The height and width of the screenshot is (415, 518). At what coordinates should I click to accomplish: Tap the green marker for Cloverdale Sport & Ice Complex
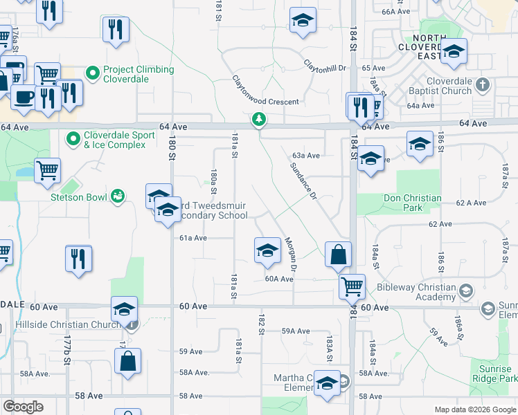point(74,140)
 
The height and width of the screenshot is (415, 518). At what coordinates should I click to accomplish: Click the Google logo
point(23,407)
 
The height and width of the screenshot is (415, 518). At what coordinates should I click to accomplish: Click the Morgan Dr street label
point(291,255)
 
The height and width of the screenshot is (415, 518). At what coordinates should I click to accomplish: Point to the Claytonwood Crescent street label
point(265,90)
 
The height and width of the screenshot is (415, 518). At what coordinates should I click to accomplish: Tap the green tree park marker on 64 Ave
point(259,120)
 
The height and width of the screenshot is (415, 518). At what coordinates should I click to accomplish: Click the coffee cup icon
point(23,97)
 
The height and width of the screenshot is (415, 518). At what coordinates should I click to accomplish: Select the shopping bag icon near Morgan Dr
point(337,255)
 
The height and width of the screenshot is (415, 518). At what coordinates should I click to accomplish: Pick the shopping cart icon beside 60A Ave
point(352,285)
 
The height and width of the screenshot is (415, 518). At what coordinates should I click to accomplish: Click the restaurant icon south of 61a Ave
point(78,259)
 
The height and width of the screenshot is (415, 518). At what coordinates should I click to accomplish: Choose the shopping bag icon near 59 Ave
point(128,361)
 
